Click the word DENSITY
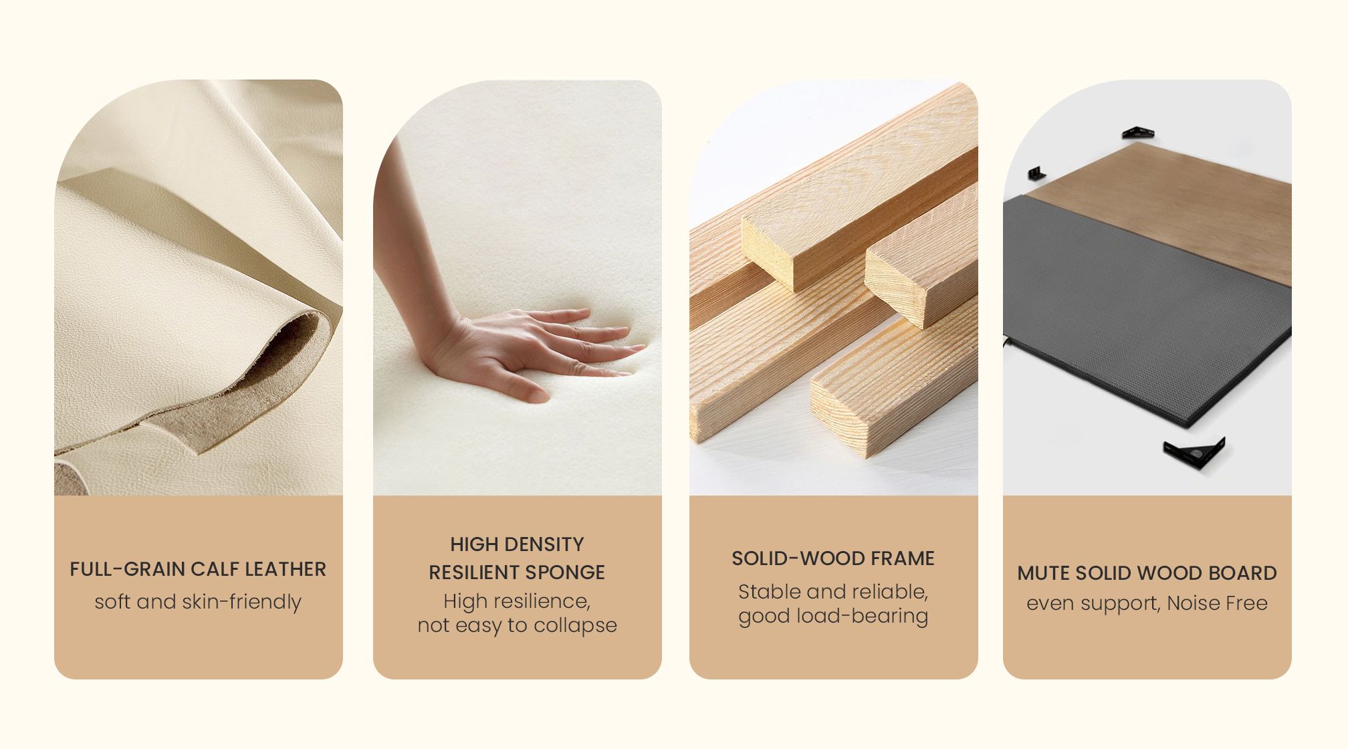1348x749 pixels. [x=546, y=544]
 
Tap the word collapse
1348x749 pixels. [x=575, y=625]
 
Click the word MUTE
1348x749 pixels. [x=1040, y=573]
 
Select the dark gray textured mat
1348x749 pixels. [x=1143, y=308]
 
